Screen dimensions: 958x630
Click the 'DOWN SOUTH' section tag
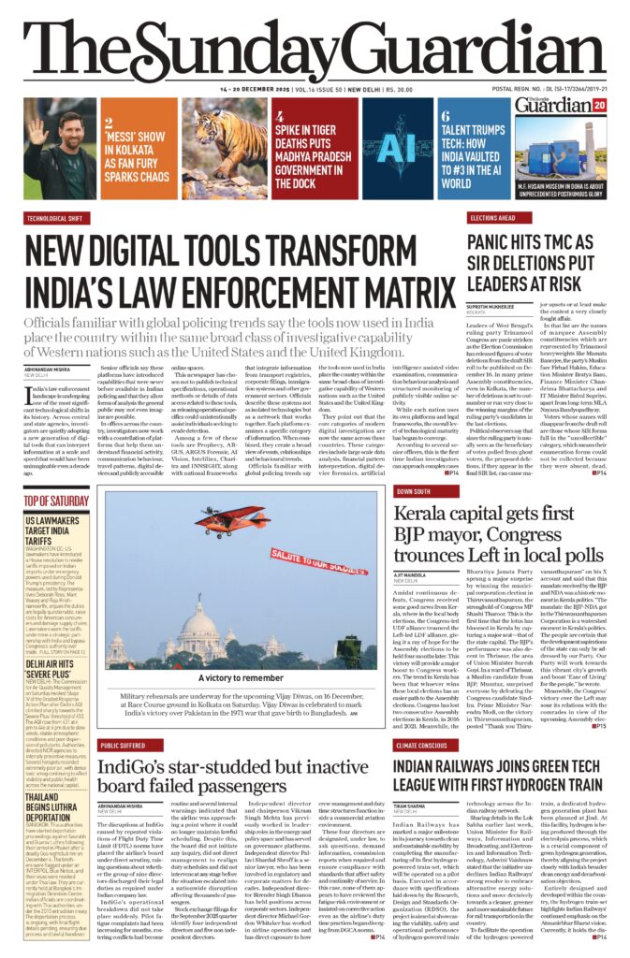(x=414, y=489)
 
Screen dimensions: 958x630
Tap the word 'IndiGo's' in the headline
(x=143, y=769)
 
